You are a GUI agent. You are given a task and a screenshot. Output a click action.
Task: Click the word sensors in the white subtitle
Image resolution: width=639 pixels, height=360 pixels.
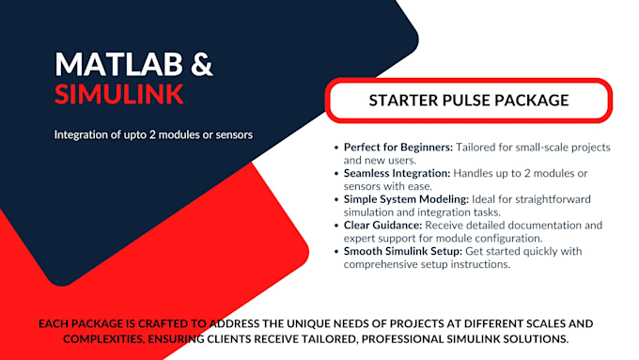[231, 134]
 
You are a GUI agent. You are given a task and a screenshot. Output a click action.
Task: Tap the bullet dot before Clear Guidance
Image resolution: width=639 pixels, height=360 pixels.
[336, 226]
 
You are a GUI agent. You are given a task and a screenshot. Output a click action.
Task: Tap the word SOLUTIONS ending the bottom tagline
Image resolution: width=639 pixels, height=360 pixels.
[534, 337]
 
